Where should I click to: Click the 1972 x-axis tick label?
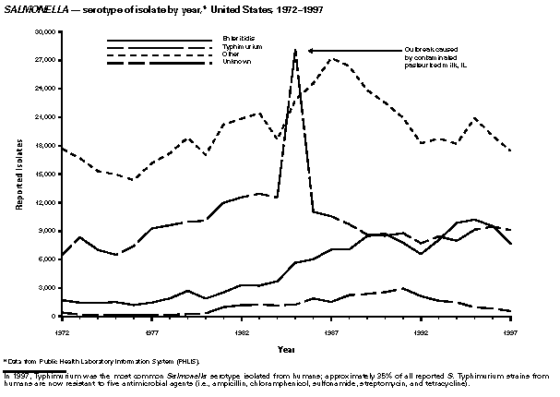[63, 330]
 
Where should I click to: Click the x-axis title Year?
[287, 349]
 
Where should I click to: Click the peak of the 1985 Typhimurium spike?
[295, 50]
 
